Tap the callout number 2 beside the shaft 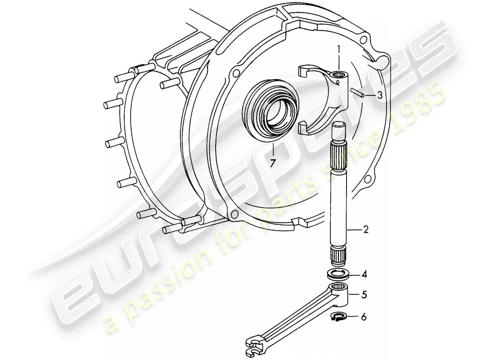click(366, 230)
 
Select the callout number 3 click(380, 95)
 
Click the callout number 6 click(364, 317)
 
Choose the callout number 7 click(272, 163)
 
